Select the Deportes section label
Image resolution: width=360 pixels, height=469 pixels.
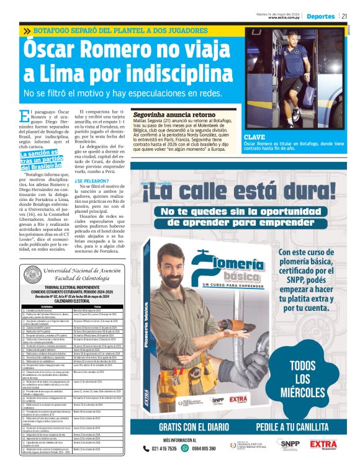(x=320, y=16)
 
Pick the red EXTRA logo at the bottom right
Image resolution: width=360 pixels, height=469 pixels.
(x=323, y=444)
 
